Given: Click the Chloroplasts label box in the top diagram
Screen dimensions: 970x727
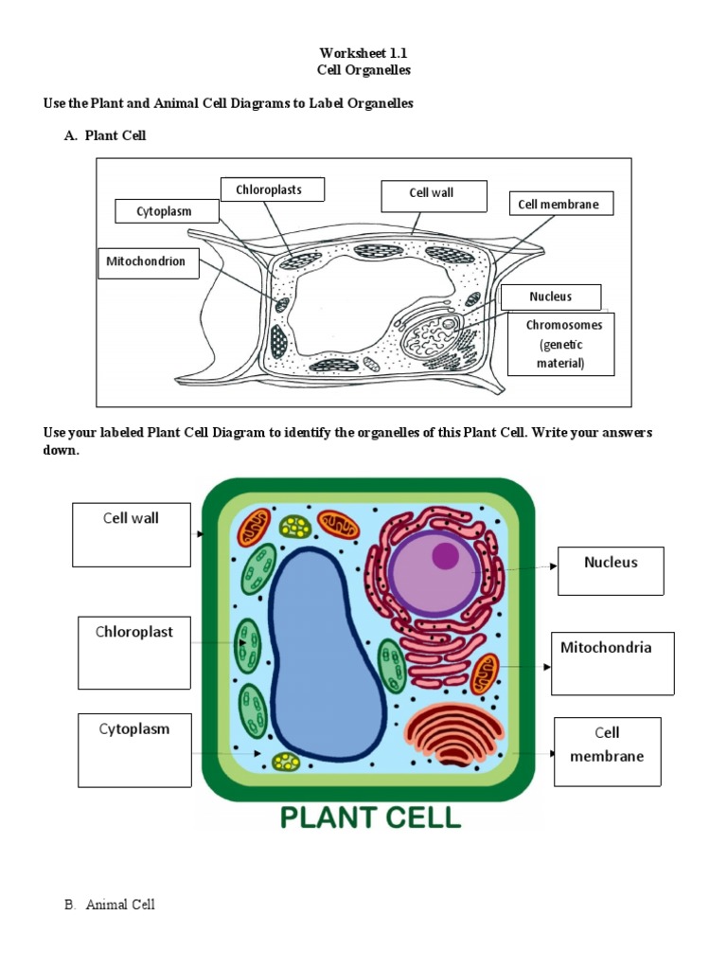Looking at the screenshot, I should (x=273, y=189).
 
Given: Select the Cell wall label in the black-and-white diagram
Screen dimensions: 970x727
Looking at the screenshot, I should (x=433, y=195).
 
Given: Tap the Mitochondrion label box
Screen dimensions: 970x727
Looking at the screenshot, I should (x=148, y=262).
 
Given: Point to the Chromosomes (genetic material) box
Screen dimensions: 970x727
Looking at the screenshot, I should (x=563, y=344).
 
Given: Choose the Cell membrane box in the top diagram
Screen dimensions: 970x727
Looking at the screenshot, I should (x=559, y=205).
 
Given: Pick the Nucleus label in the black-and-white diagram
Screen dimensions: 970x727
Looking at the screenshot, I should (x=550, y=296).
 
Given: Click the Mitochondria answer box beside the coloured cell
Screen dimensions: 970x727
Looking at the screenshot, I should (x=612, y=663).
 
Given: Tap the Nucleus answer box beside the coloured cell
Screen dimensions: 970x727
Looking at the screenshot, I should (x=611, y=570).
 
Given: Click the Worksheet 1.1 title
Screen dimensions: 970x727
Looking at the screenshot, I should (x=363, y=54).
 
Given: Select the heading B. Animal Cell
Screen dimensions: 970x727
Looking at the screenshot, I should (x=109, y=905).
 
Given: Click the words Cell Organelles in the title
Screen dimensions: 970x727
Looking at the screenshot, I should (x=363, y=71).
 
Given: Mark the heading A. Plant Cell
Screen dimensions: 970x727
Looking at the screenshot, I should (x=105, y=136).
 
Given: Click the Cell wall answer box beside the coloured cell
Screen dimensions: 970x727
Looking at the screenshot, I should (x=132, y=534).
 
